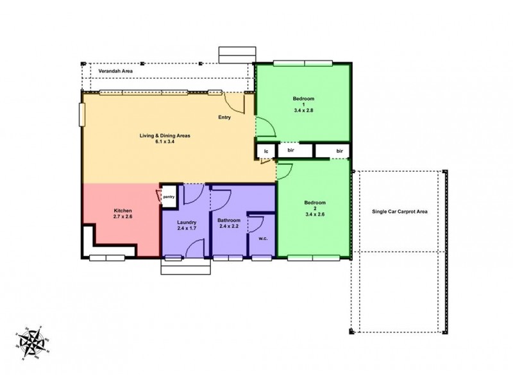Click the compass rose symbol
point(34,343)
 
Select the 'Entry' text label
point(224,117)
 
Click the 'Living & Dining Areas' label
point(165,135)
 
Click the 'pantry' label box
point(169,197)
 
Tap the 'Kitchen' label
point(123,210)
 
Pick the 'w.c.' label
point(263,239)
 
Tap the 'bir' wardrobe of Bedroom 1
point(290,150)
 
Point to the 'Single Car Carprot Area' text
point(400,211)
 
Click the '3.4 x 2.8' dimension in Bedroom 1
point(303,111)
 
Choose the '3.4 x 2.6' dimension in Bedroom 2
point(314,214)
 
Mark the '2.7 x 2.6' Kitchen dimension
point(123,217)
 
